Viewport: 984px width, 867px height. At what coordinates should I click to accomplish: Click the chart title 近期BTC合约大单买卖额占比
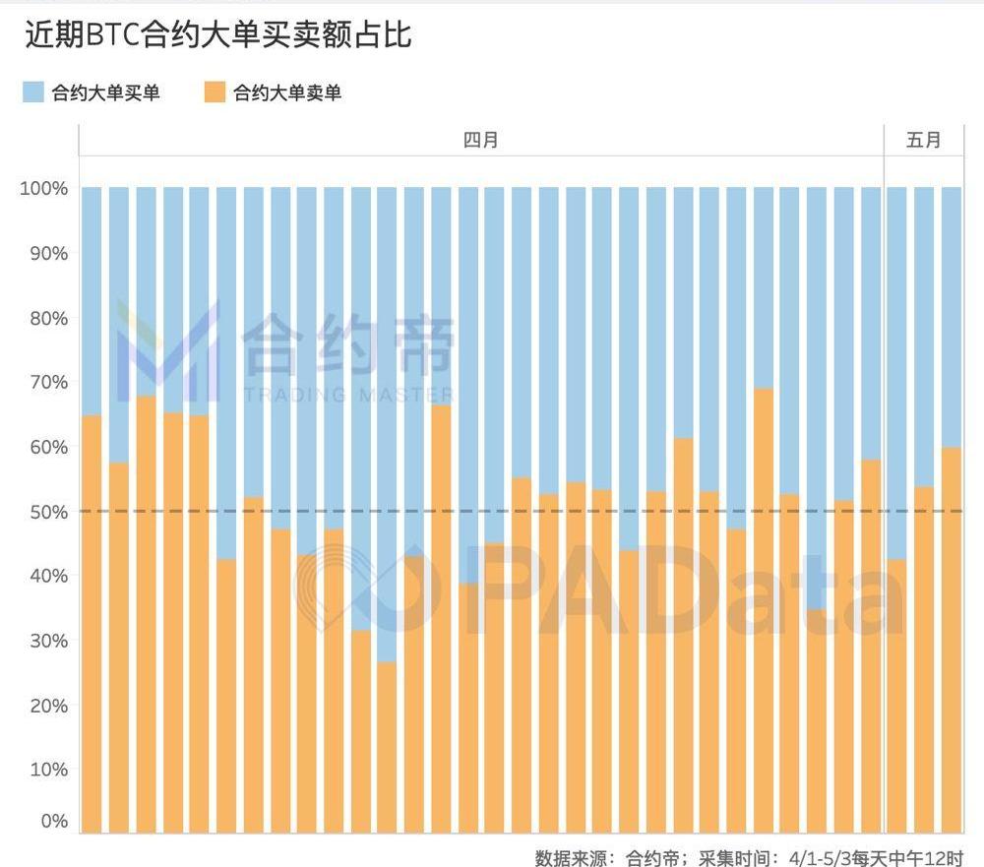click(x=217, y=35)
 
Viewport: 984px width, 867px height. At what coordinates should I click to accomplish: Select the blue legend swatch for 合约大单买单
click(x=32, y=93)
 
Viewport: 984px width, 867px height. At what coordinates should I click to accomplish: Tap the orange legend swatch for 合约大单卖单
click(x=214, y=93)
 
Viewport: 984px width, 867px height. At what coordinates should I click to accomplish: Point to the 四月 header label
click(x=481, y=140)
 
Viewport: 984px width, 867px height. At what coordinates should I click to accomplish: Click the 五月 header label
click(x=923, y=140)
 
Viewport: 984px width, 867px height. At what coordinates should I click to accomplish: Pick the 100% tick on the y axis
click(x=43, y=188)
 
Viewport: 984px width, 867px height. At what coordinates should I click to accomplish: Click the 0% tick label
click(x=52, y=821)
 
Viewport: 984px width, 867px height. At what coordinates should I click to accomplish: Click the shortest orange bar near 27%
click(x=387, y=748)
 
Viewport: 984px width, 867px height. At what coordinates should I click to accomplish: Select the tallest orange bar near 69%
click(x=764, y=610)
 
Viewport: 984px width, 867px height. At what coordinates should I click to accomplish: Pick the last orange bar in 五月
click(x=952, y=640)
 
